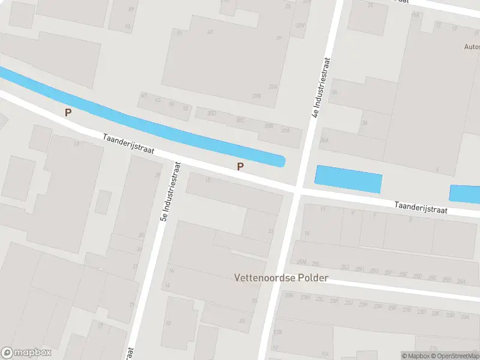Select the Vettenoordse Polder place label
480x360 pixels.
[281, 278]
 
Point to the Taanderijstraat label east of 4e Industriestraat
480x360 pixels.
[429, 207]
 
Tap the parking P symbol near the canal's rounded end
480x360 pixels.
[241, 167]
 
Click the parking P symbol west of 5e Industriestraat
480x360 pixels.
[68, 112]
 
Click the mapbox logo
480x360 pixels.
[26, 353]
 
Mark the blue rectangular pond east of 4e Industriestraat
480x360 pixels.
[348, 178]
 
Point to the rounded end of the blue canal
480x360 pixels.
[280, 160]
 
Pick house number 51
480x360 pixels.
[179, 33]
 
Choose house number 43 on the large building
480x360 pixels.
[209, 32]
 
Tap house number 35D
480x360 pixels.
[211, 113]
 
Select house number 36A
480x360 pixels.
[325, 140]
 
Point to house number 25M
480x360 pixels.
[301, 262]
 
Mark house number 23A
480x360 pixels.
[461, 281]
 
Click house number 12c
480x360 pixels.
[325, 354]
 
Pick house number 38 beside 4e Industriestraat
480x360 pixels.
[334, 92]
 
